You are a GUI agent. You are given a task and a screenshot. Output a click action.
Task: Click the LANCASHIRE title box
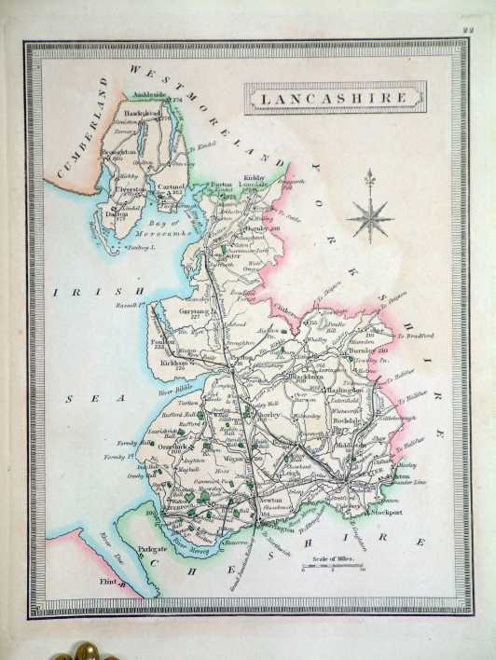[335, 97]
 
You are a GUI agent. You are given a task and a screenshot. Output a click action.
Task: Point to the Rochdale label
[351, 421]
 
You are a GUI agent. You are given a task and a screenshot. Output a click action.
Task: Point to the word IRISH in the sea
[78, 292]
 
